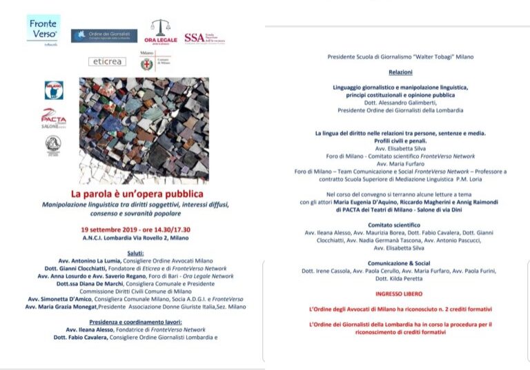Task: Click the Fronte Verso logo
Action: [43, 30]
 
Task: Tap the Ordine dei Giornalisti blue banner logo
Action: [104, 36]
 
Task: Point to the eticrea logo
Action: [107, 61]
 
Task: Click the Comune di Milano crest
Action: [146, 62]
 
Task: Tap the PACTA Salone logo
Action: [53, 118]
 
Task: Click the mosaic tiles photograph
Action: [144, 130]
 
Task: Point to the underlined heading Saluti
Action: [144, 254]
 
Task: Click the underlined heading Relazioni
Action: [400, 72]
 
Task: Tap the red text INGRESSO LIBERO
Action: [400, 294]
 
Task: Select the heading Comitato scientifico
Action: [400, 225]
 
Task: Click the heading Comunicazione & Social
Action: [400, 263]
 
